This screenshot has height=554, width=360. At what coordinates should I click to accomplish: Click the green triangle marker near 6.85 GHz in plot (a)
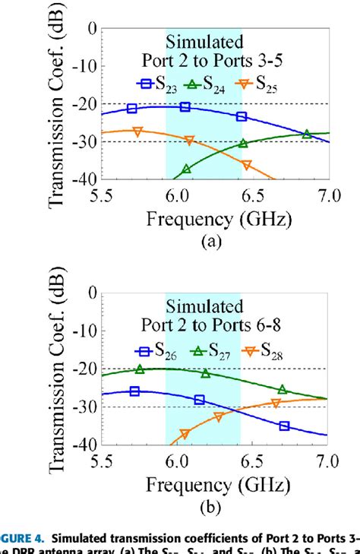coord(306,135)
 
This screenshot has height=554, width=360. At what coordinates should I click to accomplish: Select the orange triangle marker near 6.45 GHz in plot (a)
coord(246,164)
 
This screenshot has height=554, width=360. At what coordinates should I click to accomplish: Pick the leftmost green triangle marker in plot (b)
coord(140,369)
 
